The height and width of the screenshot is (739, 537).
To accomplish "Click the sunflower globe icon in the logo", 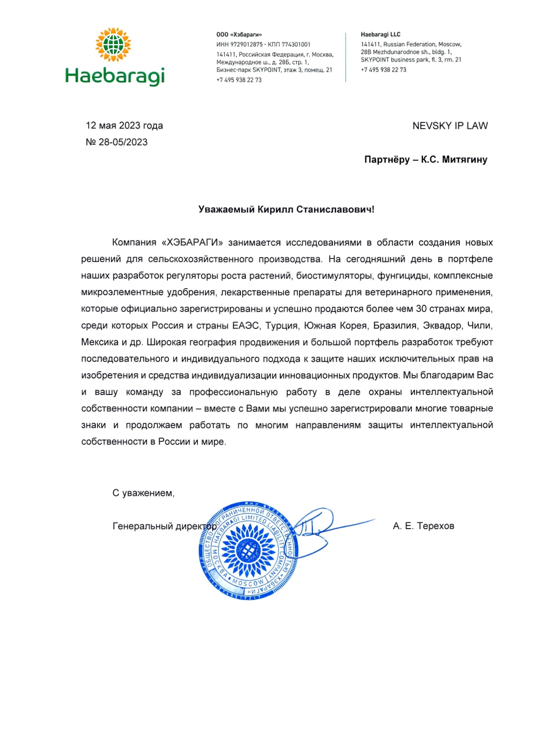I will point(113,44).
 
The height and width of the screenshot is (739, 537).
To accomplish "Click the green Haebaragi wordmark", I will point(115,76).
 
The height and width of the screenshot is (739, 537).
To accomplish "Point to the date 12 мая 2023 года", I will point(124,126).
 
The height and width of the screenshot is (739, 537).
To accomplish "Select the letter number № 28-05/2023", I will point(116,142).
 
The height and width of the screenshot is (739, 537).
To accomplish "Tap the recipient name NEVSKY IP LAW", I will point(450,126).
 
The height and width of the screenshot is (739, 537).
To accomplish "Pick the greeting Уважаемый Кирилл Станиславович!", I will point(286,210).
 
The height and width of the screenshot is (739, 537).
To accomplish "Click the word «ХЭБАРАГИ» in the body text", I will point(192,242).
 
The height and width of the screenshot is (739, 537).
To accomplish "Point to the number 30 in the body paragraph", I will point(421,309).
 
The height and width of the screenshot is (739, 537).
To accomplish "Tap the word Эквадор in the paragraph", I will point(442,325).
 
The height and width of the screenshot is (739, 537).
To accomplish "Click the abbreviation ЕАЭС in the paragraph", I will point(246,325).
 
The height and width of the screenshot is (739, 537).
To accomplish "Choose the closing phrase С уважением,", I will point(143,493).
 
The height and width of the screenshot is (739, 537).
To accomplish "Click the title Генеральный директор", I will point(165,526).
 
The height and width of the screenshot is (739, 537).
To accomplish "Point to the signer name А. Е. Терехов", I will point(423,526).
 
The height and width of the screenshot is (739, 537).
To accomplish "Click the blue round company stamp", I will point(248,550).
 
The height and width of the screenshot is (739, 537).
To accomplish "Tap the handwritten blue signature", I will point(321,527).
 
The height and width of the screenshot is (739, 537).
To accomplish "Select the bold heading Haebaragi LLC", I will point(380,35).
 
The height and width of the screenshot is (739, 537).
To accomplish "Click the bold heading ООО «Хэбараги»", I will point(239,35).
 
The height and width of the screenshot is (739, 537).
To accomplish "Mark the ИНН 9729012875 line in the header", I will point(240,44).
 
